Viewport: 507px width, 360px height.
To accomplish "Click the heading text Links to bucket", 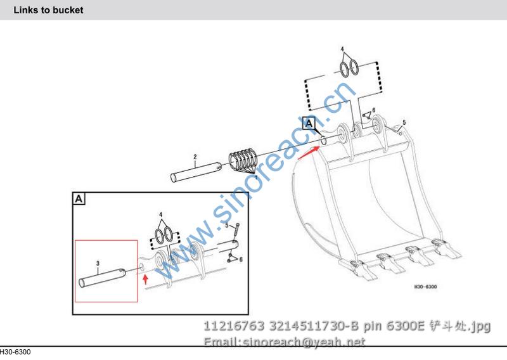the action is pyautogui.click(x=48, y=10).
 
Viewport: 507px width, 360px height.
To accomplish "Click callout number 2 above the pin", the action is pyautogui.click(x=195, y=157).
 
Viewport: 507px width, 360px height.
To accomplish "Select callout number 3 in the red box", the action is pyautogui.click(x=98, y=264).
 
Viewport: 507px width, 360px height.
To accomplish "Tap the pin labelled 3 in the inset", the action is pyautogui.click(x=102, y=278).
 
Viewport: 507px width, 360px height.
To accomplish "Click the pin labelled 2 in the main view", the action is pyautogui.click(x=196, y=172).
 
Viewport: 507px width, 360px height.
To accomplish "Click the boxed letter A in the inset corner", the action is pyautogui.click(x=79, y=198).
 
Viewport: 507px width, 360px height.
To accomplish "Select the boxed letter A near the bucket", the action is pyautogui.click(x=309, y=123).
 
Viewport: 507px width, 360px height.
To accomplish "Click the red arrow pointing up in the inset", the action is pyautogui.click(x=146, y=279).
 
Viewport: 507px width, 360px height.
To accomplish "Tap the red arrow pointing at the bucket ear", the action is pyautogui.click(x=309, y=152).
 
